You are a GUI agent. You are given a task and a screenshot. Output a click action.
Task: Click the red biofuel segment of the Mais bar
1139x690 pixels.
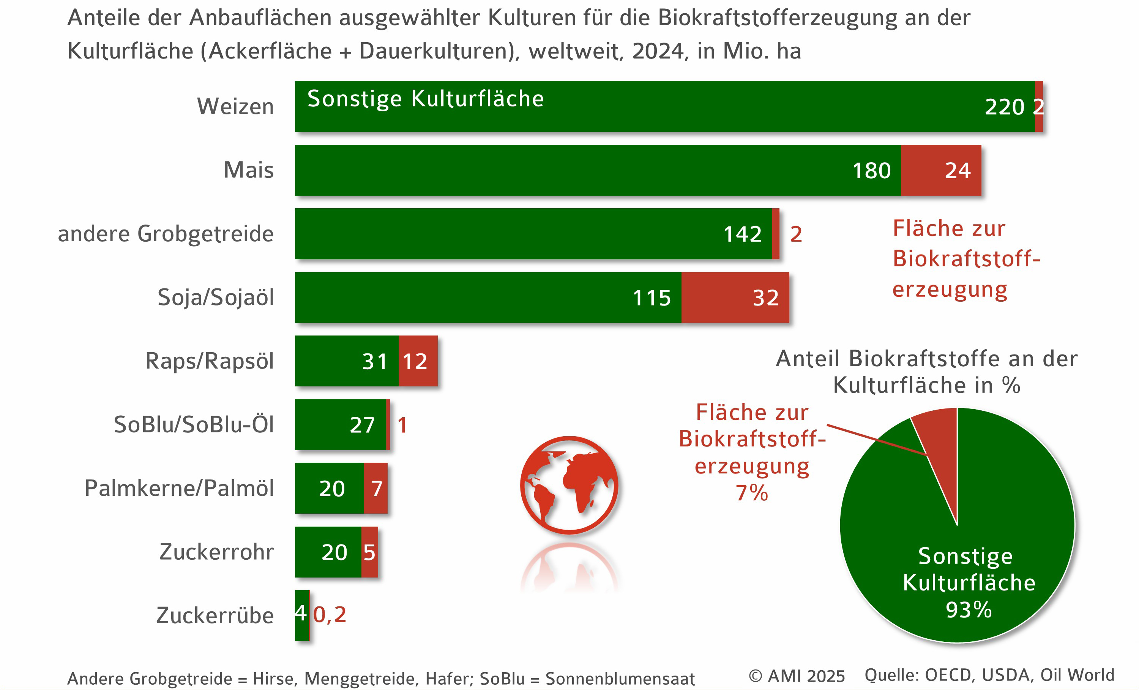point(941,170)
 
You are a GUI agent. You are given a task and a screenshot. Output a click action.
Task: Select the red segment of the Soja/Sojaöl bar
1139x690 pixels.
point(735,298)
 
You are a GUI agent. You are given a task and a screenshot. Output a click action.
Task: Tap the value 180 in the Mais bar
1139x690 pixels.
point(871,171)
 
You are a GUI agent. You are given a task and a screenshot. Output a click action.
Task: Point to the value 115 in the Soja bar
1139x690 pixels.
point(652,298)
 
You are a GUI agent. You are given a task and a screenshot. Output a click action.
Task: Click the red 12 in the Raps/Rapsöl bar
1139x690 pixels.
point(415,361)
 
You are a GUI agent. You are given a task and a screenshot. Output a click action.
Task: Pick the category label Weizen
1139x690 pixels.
point(235,106)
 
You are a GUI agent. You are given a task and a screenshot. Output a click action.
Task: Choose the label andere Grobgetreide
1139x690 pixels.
point(166,234)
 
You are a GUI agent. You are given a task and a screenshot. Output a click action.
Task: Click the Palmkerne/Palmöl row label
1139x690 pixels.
point(179,488)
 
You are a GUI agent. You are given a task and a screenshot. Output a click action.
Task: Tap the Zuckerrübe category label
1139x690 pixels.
point(215,616)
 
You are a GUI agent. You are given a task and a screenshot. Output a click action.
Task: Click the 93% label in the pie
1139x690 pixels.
point(969,609)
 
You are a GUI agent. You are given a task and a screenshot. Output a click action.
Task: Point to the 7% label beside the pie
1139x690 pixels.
point(752,493)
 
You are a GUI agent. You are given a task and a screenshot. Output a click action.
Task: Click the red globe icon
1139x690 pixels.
point(569,485)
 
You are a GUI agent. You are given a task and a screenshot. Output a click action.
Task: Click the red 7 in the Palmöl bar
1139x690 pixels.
point(377,488)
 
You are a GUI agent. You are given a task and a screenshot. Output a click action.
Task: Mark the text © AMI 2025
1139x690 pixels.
point(797,676)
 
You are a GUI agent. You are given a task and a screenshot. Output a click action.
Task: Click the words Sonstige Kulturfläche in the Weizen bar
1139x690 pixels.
point(426,98)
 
